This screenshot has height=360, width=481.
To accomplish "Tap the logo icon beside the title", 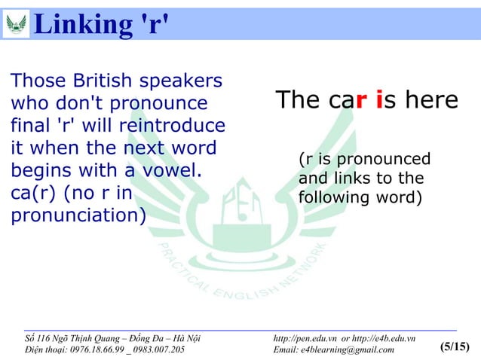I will coord(16,23).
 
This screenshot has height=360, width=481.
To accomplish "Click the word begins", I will coord(40,169).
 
